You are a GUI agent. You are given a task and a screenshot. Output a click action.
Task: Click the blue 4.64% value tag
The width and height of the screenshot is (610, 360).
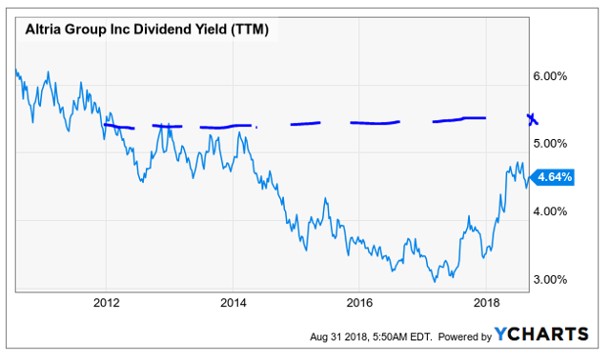click(x=554, y=176)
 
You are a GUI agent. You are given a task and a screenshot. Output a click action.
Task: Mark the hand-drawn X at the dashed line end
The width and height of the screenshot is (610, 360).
click(x=531, y=118)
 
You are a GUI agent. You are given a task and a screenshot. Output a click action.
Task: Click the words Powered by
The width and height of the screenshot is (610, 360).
click(x=460, y=336)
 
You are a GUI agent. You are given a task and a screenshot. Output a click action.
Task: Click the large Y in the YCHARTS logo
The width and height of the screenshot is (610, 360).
click(x=501, y=334)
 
